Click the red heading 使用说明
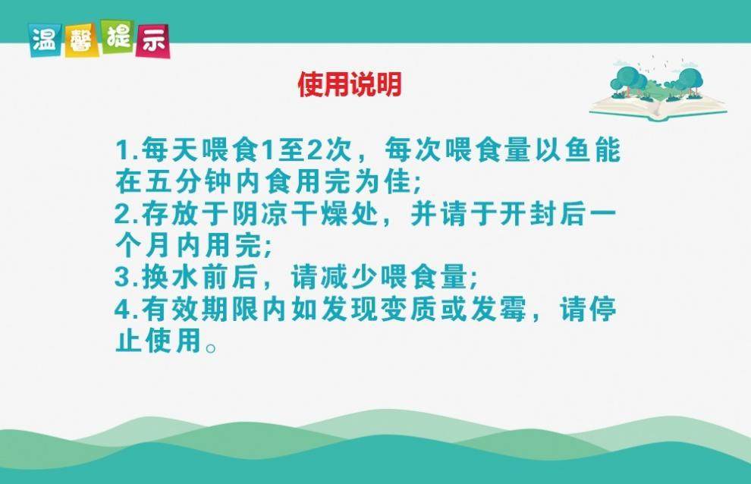pos(350,84)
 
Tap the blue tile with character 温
pos(45,40)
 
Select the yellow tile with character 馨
pos(82,41)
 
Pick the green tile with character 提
pos(118,36)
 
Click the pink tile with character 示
pos(152,41)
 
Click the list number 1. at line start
pos(127,150)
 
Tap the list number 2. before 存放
pos(127,214)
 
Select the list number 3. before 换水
pos(127,278)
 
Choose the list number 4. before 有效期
pos(127,310)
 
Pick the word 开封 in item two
pos(528,214)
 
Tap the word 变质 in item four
pos(408,310)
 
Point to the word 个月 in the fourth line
pos(143,246)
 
